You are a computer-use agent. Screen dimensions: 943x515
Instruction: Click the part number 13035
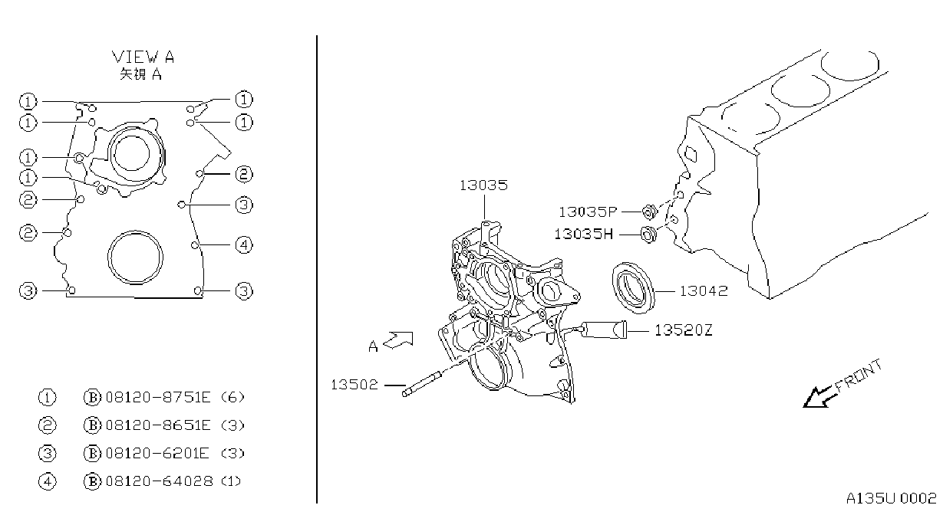pyautogui.click(x=483, y=185)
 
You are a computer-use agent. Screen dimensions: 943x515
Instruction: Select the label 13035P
pyautogui.click(x=588, y=212)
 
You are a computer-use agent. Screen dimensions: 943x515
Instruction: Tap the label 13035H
pyautogui.click(x=583, y=235)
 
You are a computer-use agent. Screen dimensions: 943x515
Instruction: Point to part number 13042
pyautogui.click(x=704, y=291)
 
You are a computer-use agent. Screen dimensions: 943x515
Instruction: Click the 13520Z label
pyautogui.click(x=684, y=330)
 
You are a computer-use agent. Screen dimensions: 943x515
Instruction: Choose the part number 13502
pyautogui.click(x=354, y=385)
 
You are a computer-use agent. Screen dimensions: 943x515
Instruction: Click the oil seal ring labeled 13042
pyautogui.click(x=634, y=288)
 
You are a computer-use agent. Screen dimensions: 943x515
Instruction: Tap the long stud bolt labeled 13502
pyautogui.click(x=421, y=383)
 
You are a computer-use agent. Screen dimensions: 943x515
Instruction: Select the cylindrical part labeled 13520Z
pyautogui.click(x=604, y=330)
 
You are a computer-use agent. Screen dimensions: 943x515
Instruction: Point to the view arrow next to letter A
pyautogui.click(x=397, y=340)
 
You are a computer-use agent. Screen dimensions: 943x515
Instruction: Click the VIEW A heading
pyautogui.click(x=143, y=57)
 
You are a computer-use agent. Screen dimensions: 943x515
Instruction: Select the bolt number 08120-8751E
pyautogui.click(x=158, y=397)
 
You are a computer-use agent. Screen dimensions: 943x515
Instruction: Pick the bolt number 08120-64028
pyautogui.click(x=160, y=481)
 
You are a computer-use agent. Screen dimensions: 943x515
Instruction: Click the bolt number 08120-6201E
pyautogui.click(x=157, y=453)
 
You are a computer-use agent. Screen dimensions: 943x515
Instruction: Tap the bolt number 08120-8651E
pyautogui.click(x=158, y=425)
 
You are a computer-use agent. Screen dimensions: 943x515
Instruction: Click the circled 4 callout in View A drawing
pyautogui.click(x=244, y=244)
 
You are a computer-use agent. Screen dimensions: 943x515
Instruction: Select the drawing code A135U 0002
pyautogui.click(x=892, y=498)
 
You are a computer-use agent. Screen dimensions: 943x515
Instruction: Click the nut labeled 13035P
pyautogui.click(x=650, y=212)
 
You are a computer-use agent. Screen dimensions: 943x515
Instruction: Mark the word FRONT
pyautogui.click(x=858, y=376)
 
